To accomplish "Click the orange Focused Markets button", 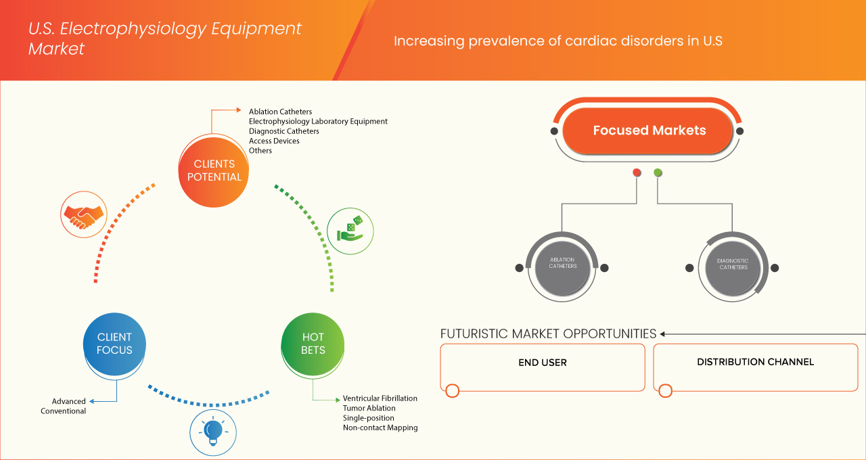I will click(649, 131).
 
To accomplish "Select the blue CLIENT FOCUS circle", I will click(114, 344).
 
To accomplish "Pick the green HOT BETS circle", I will click(313, 344).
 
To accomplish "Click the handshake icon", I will click(84, 214).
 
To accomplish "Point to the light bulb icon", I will click(213, 432).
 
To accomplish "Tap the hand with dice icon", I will click(350, 230).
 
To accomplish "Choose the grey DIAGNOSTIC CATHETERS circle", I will click(733, 264).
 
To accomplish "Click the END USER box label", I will click(542, 363).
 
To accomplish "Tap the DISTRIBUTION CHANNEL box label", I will click(755, 362).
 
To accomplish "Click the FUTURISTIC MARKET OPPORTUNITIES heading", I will click(548, 333).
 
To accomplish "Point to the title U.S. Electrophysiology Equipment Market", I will click(164, 39).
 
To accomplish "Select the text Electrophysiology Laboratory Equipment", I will click(318, 121).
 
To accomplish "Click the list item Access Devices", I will click(274, 141).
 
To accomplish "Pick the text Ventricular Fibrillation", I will click(380, 398).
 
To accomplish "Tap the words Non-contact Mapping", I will click(380, 428).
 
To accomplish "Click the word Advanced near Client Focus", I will click(69, 401).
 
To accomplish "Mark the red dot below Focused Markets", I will click(637, 173).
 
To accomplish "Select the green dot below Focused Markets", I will click(658, 173).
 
